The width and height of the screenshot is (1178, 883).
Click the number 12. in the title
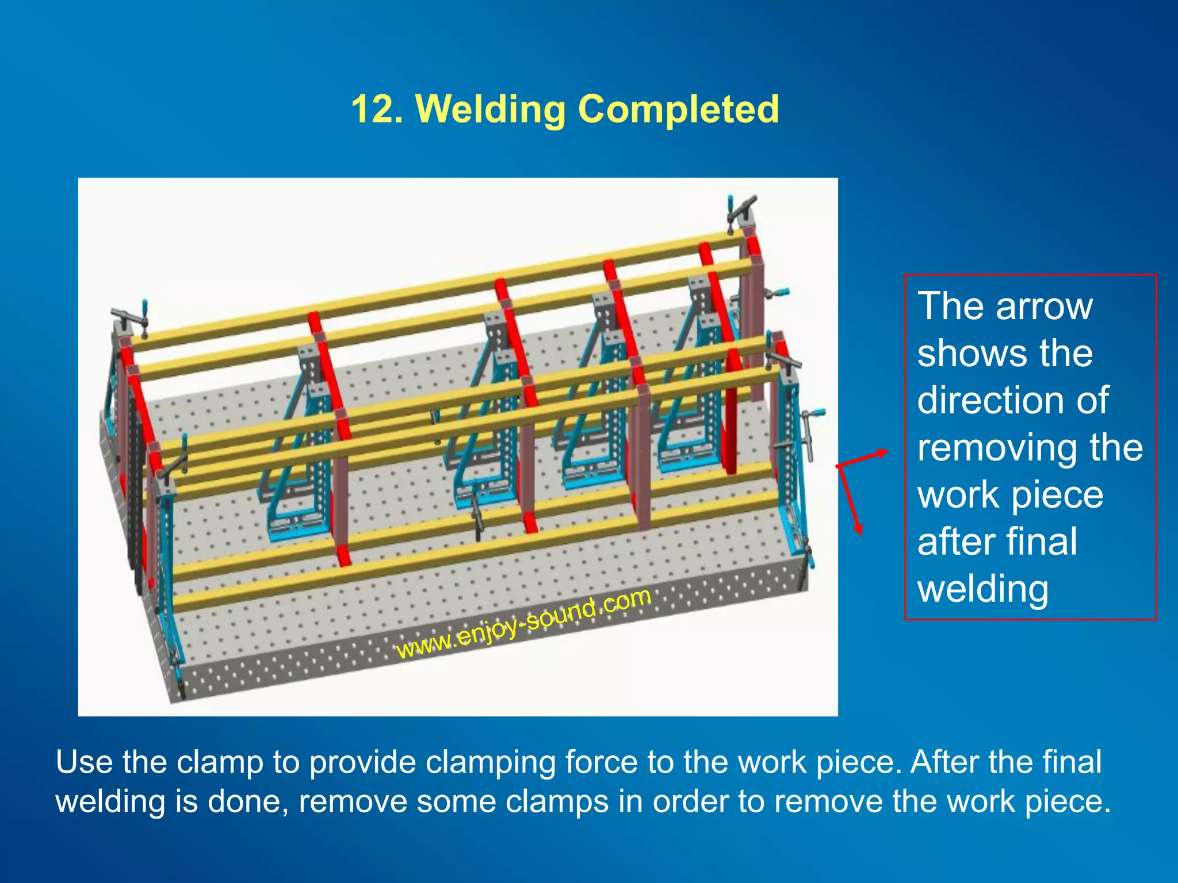[x=377, y=109]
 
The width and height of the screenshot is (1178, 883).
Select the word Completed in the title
[x=678, y=109]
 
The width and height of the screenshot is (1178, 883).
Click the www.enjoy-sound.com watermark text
[x=523, y=624]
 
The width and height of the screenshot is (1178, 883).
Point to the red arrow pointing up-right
[x=863, y=458]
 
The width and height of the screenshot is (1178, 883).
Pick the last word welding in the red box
[x=983, y=589]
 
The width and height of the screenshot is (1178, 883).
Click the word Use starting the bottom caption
[x=84, y=762]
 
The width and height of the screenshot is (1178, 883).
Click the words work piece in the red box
[x=1010, y=494]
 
